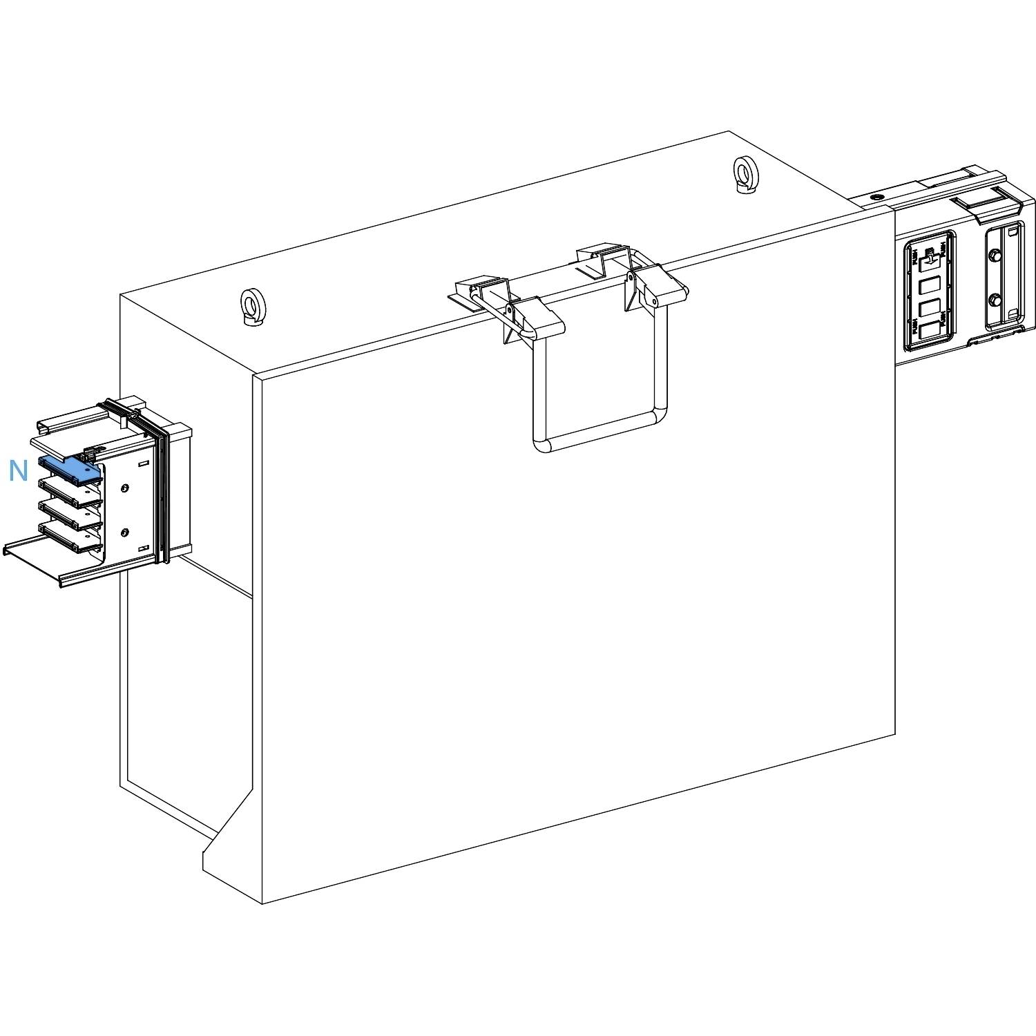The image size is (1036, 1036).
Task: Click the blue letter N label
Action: [x=18, y=471]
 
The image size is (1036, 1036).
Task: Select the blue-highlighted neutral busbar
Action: [x=70, y=469]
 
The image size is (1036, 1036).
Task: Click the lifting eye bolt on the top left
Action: [x=249, y=305]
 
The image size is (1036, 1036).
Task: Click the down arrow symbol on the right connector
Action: [x=929, y=258]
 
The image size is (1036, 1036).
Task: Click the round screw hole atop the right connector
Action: [x=876, y=198]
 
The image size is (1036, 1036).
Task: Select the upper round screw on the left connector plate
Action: [x=124, y=489]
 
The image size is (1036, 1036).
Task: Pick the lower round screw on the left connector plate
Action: [x=124, y=533]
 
